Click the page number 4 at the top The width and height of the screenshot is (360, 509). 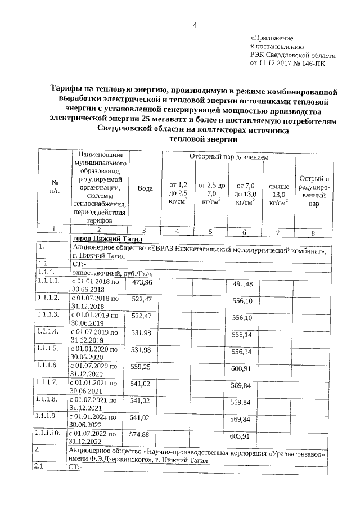pos(195,25)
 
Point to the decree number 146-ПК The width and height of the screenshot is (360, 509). pos(312,64)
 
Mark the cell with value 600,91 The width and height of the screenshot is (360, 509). pos(242,368)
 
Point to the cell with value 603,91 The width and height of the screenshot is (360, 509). pos(242,436)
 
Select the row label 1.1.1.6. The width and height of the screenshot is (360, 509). pos(47,366)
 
